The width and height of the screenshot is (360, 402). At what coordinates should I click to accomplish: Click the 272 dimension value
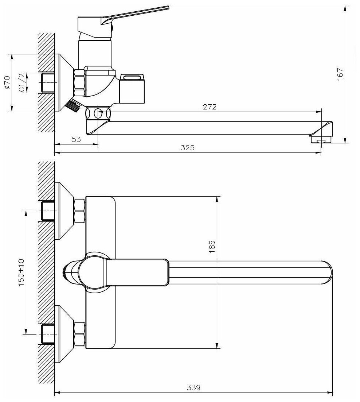[210, 107]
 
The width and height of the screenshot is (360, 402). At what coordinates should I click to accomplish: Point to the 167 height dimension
[341, 74]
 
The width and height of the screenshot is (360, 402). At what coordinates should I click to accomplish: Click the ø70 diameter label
[7, 83]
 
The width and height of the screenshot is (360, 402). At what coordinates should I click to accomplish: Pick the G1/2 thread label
[21, 82]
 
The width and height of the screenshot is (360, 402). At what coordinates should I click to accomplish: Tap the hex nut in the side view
[79, 84]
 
